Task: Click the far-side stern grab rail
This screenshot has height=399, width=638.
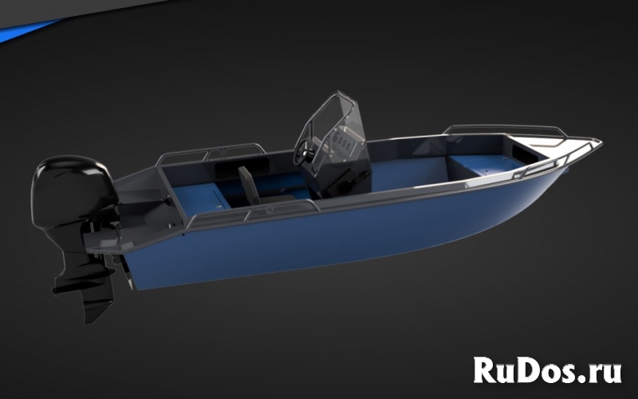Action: pos(211,151)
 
